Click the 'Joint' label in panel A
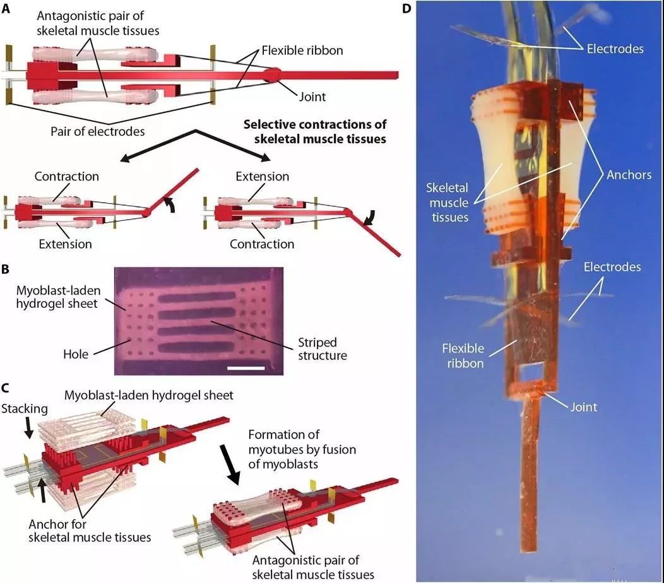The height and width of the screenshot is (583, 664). click(314, 97)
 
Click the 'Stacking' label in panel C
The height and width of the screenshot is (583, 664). click(26, 408)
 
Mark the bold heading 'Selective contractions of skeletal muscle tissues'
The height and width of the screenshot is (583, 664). click(315, 131)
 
